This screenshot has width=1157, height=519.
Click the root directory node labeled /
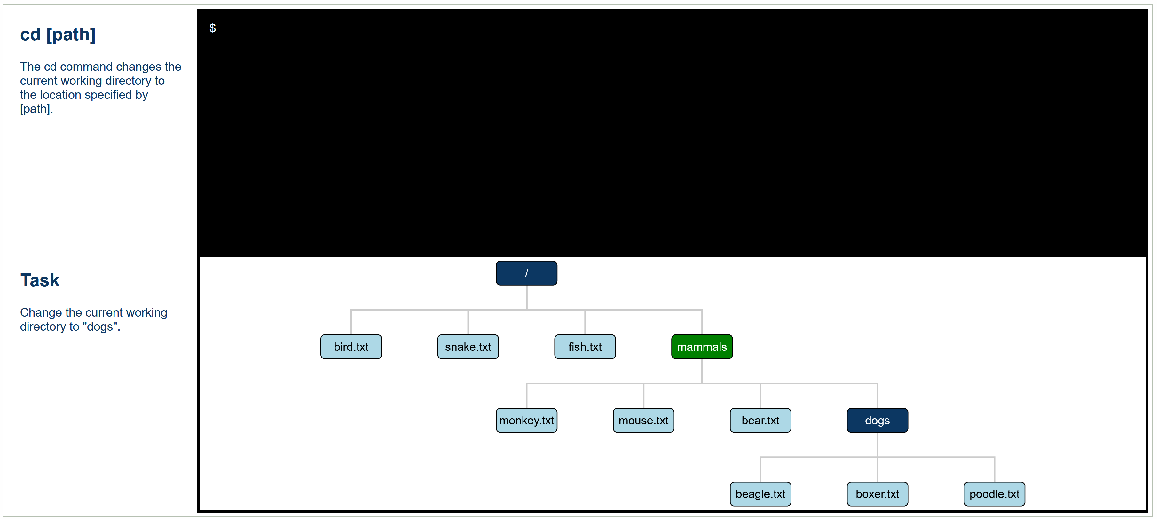[x=526, y=273]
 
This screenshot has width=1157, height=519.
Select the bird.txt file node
[x=351, y=347]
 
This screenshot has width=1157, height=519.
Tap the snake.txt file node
[x=468, y=347]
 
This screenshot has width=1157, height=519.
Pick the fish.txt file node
[x=585, y=347]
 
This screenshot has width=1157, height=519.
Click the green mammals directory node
[x=702, y=347]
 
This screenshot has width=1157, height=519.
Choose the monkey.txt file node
[x=526, y=420]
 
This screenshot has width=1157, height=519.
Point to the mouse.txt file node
[x=644, y=420]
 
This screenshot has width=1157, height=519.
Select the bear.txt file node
[x=760, y=420]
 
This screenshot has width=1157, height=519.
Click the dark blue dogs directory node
[x=878, y=420]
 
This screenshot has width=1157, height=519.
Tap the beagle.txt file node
[x=760, y=494]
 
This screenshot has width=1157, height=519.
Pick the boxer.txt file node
[x=878, y=494]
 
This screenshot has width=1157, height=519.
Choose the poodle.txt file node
[x=995, y=494]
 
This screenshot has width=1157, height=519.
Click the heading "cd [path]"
[x=58, y=35]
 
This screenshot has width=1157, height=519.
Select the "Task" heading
[x=40, y=280]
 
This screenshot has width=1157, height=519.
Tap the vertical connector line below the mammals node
[x=702, y=371]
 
